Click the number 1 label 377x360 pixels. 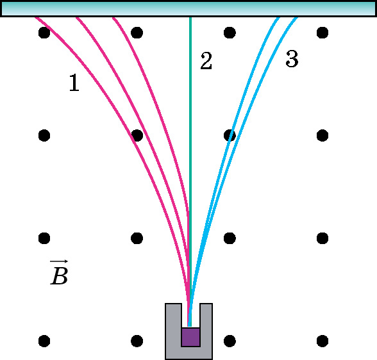[74, 83]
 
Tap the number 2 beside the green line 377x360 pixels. [206, 61]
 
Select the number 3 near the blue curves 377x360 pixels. [292, 59]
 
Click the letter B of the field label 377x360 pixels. [60, 276]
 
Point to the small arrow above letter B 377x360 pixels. [59, 261]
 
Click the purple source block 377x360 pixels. [190, 337]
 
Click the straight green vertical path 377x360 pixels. [190, 172]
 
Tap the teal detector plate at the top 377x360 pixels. [188, 9]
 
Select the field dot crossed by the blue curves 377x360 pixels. [230, 135]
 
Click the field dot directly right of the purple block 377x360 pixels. [230, 341]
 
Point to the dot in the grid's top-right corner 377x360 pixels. [323, 33]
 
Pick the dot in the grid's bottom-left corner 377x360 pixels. [44, 341]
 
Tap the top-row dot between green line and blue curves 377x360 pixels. [230, 33]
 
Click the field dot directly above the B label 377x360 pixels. [44, 238]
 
